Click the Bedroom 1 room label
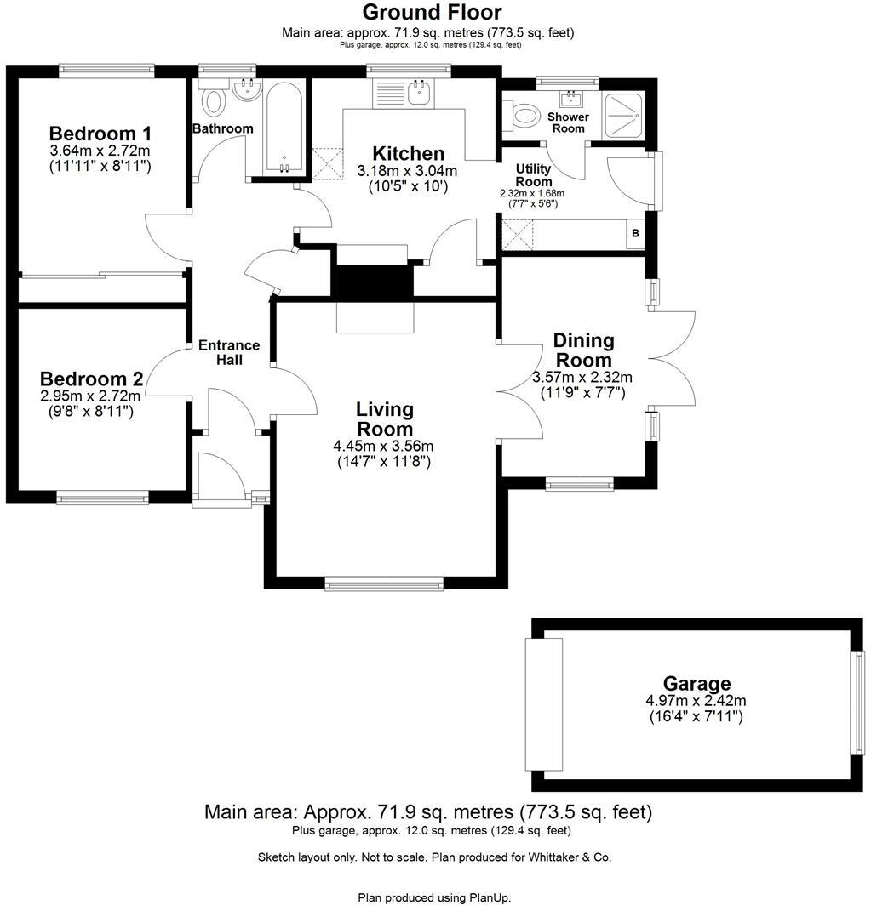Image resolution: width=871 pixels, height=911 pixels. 100,134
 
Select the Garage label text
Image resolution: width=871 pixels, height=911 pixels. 696,683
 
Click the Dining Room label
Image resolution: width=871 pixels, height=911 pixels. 583,350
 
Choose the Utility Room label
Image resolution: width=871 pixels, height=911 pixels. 534,175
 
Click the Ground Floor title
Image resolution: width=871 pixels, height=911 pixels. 432,12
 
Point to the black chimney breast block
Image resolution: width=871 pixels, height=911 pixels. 374,281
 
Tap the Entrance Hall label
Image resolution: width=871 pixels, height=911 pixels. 229,352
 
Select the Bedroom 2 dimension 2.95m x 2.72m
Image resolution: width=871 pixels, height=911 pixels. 90,395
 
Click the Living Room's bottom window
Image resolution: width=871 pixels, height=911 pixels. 384,584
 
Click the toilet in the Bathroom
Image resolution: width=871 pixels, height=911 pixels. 213,103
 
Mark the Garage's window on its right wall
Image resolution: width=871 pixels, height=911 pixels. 859,703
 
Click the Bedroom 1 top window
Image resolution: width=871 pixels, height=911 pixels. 106,71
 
